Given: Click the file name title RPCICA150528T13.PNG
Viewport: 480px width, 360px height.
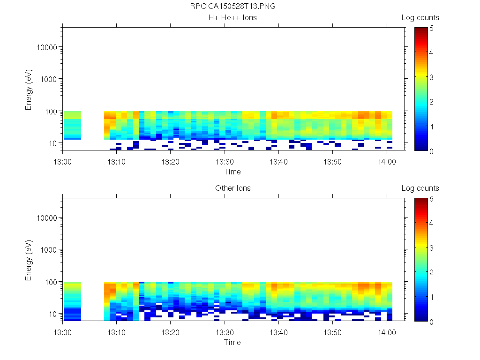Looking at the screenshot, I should tap(232, 7).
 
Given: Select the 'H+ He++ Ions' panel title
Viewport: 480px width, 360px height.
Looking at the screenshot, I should tap(232, 18).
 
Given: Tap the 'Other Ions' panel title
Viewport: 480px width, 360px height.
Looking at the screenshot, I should tap(232, 188).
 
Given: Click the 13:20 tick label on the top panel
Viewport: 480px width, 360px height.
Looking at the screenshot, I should tap(171, 161).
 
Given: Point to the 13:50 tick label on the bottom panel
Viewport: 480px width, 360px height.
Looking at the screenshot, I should tap(332, 332).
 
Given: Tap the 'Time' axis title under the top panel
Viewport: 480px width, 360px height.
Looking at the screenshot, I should tap(232, 172).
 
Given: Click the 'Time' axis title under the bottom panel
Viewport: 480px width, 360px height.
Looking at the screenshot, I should tap(232, 342).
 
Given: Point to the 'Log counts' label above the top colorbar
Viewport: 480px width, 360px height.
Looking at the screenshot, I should tap(420, 18).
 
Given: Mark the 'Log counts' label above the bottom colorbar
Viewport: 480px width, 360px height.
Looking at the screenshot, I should tap(420, 188).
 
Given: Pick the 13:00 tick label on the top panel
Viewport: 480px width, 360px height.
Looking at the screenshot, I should tap(63, 161).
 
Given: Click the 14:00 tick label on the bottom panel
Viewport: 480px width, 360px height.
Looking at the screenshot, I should tap(386, 332).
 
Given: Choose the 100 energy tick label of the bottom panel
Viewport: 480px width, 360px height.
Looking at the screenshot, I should tap(52, 282).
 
